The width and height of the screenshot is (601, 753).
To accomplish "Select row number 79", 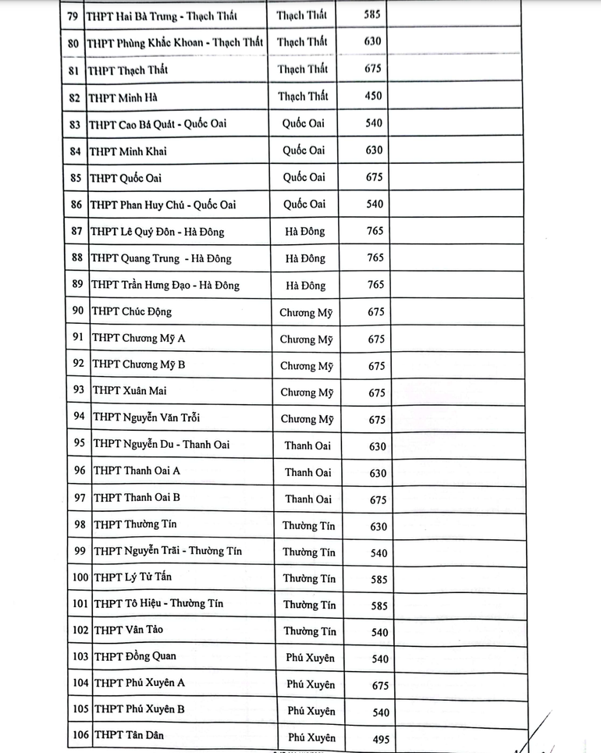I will [x=73, y=16].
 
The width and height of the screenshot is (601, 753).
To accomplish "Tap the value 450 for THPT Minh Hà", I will [x=373, y=96].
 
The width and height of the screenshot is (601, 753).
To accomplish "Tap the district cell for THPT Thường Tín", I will [x=309, y=525].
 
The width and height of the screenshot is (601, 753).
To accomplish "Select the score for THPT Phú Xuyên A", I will [x=379, y=685].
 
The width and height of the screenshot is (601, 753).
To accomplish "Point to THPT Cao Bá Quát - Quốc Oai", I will [x=158, y=124].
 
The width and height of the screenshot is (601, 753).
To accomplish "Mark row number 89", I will [x=76, y=284].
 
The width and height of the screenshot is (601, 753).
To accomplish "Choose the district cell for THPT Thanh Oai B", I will [x=308, y=499].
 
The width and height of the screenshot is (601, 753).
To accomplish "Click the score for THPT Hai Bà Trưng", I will [x=372, y=15].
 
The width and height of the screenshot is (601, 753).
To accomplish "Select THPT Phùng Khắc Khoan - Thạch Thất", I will [x=175, y=42].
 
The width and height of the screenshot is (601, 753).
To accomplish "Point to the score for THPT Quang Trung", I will [x=375, y=258].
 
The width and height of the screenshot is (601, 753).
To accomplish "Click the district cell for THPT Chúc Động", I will [x=306, y=313].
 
